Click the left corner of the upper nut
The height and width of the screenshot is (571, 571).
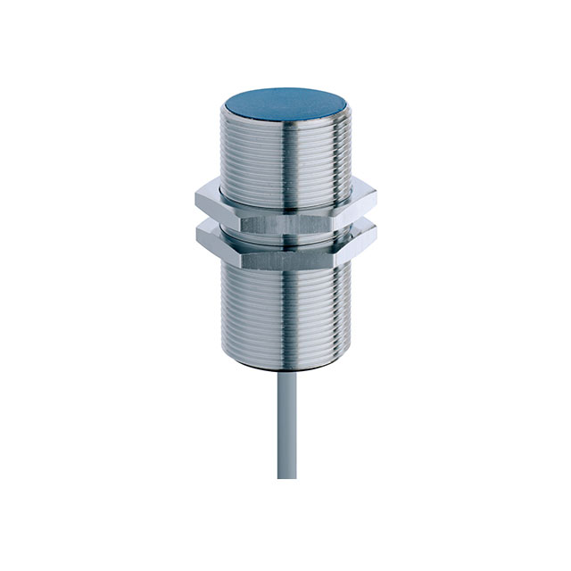click(x=194, y=197)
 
